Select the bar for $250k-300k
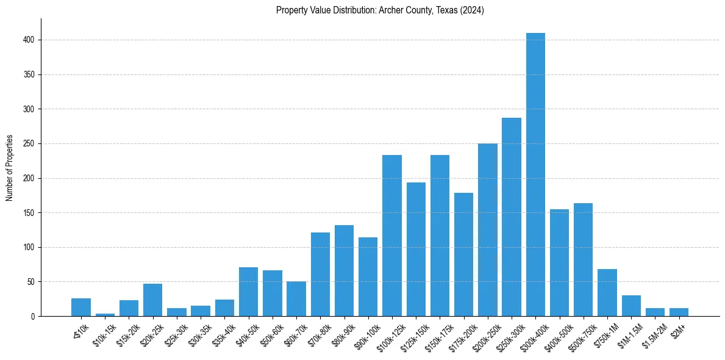click(x=512, y=217)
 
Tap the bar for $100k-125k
click(x=392, y=236)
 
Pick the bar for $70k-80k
click(x=320, y=274)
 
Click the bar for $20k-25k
click(x=153, y=300)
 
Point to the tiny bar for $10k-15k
click(x=105, y=314)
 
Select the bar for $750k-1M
click(x=607, y=293)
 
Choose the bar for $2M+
click(x=679, y=312)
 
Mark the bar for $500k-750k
click(x=583, y=259)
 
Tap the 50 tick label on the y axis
click(x=31, y=282)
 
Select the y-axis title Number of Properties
click(x=10, y=167)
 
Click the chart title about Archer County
click(x=380, y=10)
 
